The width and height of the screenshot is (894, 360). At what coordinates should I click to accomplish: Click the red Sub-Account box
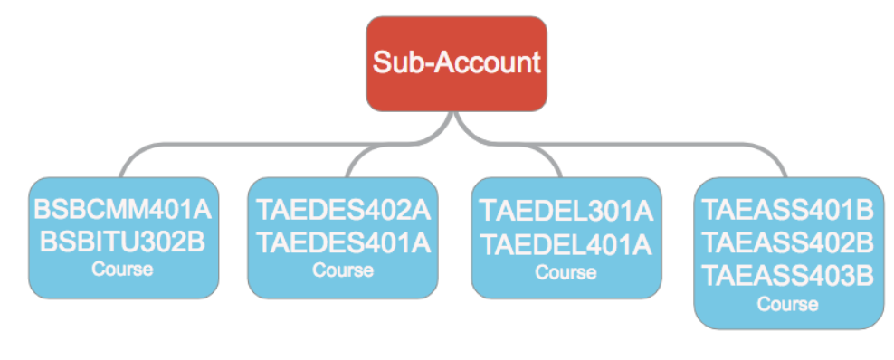[x=456, y=63]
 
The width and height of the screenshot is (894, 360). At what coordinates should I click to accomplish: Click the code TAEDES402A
[x=343, y=211]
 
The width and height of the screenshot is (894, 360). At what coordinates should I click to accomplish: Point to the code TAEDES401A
[x=343, y=242]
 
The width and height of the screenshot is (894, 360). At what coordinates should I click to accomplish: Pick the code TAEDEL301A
[x=566, y=213]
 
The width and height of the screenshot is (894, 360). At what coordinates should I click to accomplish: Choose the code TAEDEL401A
[x=566, y=242]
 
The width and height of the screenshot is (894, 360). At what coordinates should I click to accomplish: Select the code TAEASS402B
[x=788, y=243]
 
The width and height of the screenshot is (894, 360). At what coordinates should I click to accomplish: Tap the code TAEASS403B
[x=788, y=274]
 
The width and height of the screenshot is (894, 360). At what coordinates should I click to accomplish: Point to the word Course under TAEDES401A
[x=343, y=269]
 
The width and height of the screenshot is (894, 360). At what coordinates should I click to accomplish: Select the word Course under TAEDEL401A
[x=566, y=270]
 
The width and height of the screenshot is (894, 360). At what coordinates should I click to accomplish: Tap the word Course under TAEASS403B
[x=788, y=304]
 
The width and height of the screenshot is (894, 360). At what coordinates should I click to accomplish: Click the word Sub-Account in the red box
[x=456, y=63]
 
